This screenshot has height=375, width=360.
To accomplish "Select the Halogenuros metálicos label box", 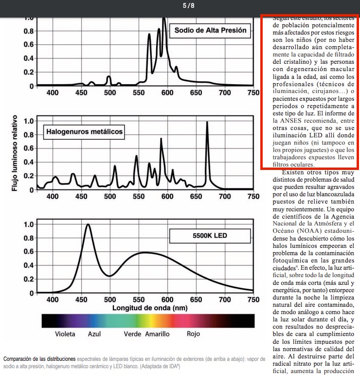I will (84, 131).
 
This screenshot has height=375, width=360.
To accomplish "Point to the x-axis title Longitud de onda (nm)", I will (149, 308).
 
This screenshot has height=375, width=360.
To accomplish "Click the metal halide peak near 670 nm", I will (207, 123).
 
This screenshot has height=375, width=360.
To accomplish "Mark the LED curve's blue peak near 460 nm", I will (88, 225).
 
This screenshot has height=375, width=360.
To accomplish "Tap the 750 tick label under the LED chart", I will (253, 300).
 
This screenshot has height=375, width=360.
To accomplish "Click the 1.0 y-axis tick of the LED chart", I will (29, 225).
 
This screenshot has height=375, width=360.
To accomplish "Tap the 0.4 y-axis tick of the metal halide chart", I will (29, 162).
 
